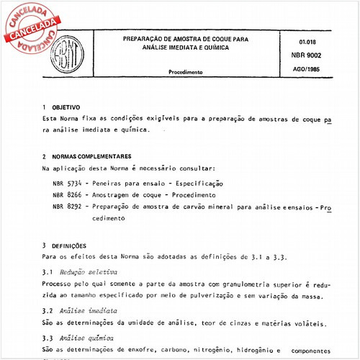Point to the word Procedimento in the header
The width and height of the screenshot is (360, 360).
click(185, 73)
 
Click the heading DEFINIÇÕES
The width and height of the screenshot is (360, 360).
click(70, 246)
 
